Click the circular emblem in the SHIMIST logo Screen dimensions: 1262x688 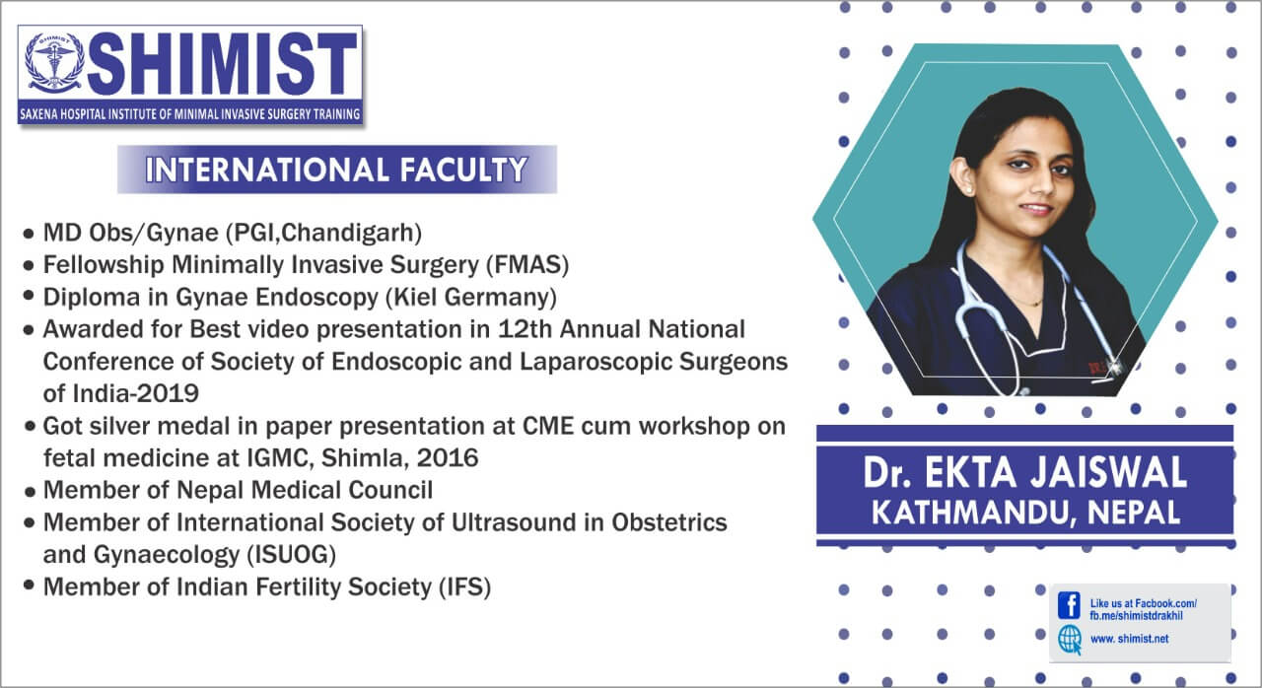point(53,63)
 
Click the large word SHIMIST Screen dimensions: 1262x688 point(222,64)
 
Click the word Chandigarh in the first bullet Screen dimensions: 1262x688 point(348,233)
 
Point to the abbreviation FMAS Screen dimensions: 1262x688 point(527,264)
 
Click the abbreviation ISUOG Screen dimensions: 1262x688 point(291,555)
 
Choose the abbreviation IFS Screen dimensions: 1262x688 point(464,587)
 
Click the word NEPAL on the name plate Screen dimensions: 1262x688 point(1134,513)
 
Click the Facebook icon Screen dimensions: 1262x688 point(1069,605)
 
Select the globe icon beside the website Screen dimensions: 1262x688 point(1070,640)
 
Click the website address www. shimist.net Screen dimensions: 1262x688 point(1129,639)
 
